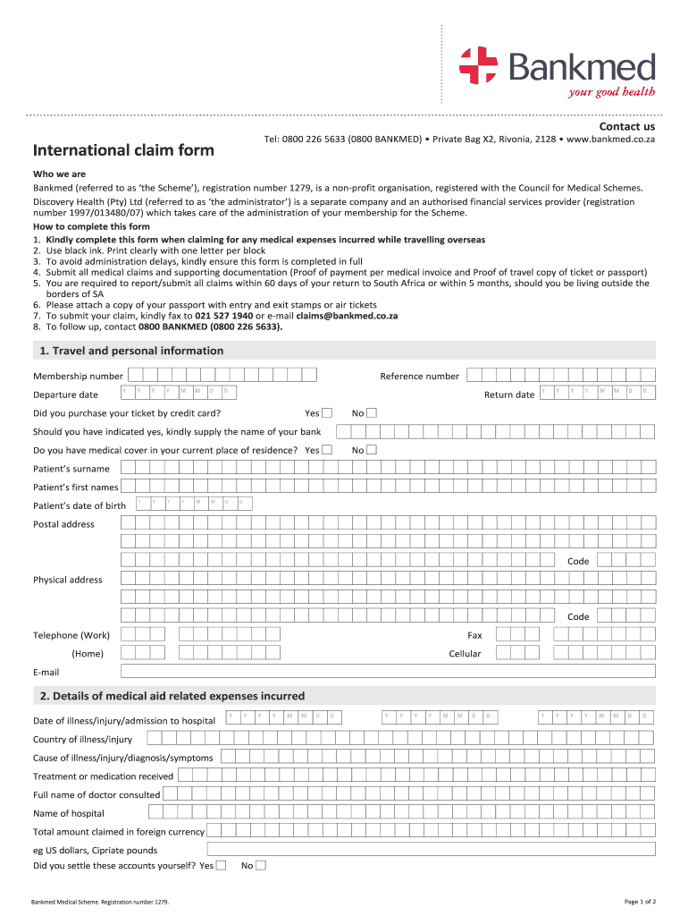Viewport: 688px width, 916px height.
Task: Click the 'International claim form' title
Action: coord(123,150)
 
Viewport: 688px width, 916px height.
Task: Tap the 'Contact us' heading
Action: coord(626,127)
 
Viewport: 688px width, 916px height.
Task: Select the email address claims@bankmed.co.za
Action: coord(353,316)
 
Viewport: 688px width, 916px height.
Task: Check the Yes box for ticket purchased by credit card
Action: coord(326,412)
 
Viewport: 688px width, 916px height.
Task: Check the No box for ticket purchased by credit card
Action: coord(372,412)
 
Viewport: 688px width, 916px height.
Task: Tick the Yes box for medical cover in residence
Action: coord(326,450)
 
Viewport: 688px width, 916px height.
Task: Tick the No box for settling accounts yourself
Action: coord(261,865)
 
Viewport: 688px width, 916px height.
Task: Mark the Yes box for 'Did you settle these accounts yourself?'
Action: coord(221,865)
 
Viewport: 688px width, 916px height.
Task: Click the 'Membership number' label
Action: coord(78,376)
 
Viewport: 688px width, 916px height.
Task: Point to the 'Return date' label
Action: coord(508,394)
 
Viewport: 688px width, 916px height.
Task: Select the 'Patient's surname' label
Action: coord(71,469)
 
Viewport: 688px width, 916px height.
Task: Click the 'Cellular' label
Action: coord(465,654)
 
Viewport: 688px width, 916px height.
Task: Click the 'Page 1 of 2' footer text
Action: coord(640,901)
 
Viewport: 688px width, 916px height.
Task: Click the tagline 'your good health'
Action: coord(612,91)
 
